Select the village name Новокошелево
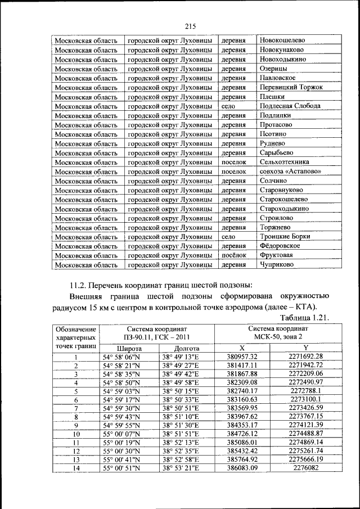[x=282, y=40]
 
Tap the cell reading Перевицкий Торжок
[x=291, y=87]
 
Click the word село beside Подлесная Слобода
[x=228, y=106]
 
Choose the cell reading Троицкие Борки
[x=284, y=236]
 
